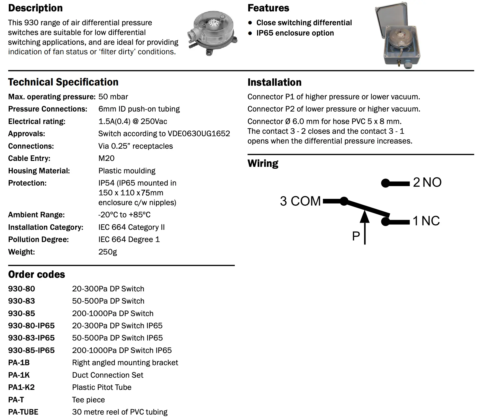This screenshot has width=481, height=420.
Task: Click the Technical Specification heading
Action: pos(63,82)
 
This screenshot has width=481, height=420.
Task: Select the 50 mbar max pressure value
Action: pos(113,97)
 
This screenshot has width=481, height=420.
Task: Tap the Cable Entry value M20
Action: pos(106,158)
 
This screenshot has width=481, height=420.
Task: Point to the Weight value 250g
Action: pos(108,252)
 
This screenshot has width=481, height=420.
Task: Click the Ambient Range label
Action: pos(36,215)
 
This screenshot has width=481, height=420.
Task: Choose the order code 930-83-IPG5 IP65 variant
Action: pos(31,338)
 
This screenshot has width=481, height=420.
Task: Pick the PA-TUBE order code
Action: pos(23,412)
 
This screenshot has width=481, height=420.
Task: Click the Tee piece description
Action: pos(88,400)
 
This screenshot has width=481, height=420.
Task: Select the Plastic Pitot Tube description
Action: pos(102,387)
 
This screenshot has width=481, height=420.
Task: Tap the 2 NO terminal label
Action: pos(427,182)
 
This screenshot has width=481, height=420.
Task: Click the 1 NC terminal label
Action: pos(426,221)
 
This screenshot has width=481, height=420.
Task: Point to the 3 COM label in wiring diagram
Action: pos(300,201)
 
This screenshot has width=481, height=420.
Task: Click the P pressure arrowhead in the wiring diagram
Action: pos(365,216)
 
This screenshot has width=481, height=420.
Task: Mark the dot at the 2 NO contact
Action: pos(385,183)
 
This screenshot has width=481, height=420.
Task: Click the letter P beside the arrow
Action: pos(356,236)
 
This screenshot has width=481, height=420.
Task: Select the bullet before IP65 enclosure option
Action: pos(250,33)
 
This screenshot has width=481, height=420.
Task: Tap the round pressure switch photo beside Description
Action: pos(212,34)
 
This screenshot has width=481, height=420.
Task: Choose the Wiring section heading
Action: pos(263,163)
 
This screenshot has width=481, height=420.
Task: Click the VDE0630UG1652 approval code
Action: pos(199,134)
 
